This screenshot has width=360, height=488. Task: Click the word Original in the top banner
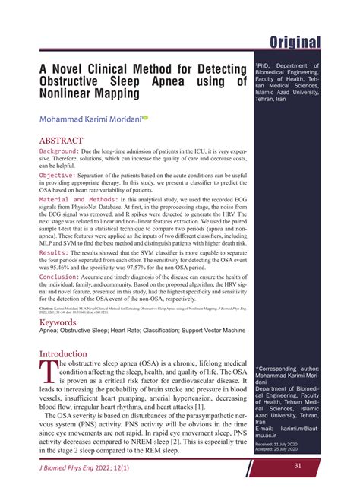[288, 42]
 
